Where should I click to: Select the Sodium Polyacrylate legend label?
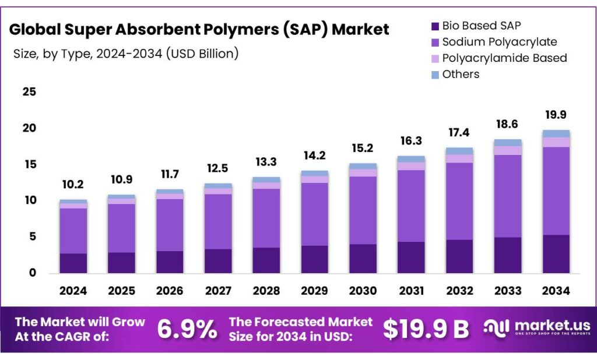[x=500, y=42]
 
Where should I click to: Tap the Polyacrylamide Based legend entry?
[x=504, y=58]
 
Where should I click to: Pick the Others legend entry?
[x=461, y=74]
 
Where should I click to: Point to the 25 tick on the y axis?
[x=29, y=92]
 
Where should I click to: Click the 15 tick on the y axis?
[x=29, y=164]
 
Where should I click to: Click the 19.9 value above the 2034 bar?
[x=556, y=114]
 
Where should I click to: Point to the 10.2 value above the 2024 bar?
[x=73, y=185]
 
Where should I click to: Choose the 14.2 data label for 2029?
[x=314, y=156]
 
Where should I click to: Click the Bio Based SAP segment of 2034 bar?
[x=556, y=253]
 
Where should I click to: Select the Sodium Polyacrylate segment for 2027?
[x=217, y=221]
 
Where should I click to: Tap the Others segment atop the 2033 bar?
[x=507, y=143]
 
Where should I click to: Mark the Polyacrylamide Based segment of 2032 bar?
[x=459, y=158]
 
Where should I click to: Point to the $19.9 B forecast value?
[x=426, y=329]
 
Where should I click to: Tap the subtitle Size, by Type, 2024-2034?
[x=125, y=54]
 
